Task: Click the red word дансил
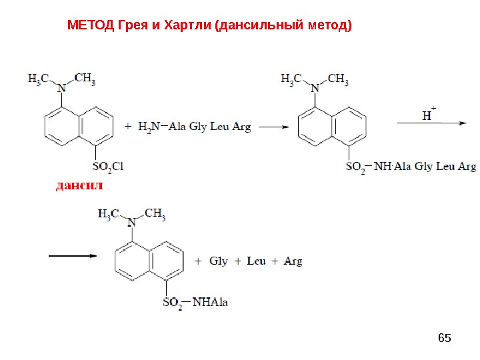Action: pos(79,185)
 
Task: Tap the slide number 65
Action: pos(444,338)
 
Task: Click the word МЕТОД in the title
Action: pos(91,26)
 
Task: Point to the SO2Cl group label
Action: pos(103,165)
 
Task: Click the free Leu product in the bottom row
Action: pos(256,261)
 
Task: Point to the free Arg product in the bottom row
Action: pos(293,261)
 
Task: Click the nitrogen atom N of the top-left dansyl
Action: pos(63,87)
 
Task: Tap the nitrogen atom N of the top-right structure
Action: pos(316,87)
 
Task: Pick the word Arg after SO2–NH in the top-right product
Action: pos(465,167)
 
